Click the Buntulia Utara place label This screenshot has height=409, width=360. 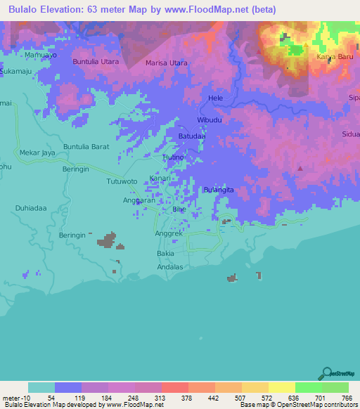[x=96, y=62]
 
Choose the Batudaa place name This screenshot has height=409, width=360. [x=191, y=136]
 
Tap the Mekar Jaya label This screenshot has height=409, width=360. [x=38, y=152]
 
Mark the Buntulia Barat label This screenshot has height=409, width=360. [x=86, y=146]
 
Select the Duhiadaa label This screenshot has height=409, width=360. [x=31, y=209]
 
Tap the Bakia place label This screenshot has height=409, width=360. [x=165, y=252]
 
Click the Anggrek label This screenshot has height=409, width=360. [x=168, y=234]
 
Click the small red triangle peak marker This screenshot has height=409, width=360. [x=301, y=168]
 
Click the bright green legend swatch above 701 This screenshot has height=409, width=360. [x=308, y=387]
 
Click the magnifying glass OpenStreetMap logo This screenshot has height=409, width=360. [x=328, y=372]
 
